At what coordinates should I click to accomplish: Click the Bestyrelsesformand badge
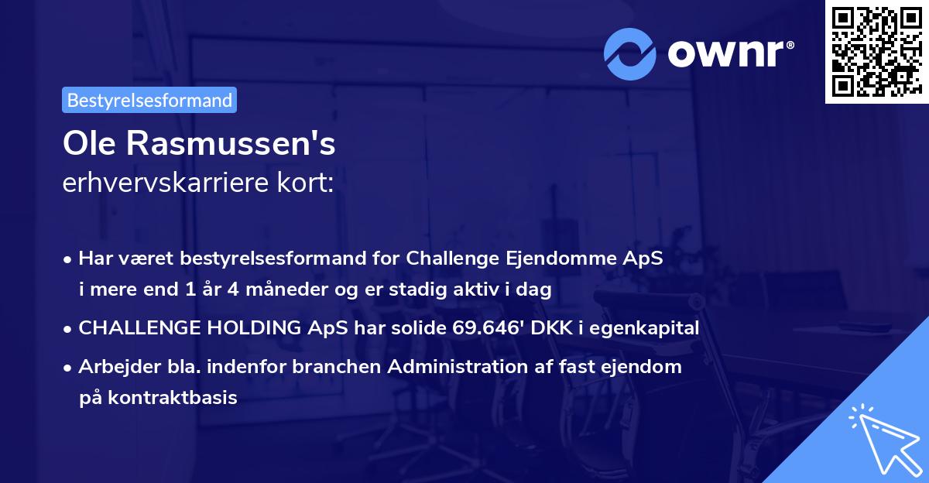(x=149, y=100)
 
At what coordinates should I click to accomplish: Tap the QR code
(x=876, y=52)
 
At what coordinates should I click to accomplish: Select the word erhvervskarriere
(x=157, y=183)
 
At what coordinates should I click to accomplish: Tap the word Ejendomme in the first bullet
(x=577, y=259)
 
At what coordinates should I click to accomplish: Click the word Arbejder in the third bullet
(x=112, y=367)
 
